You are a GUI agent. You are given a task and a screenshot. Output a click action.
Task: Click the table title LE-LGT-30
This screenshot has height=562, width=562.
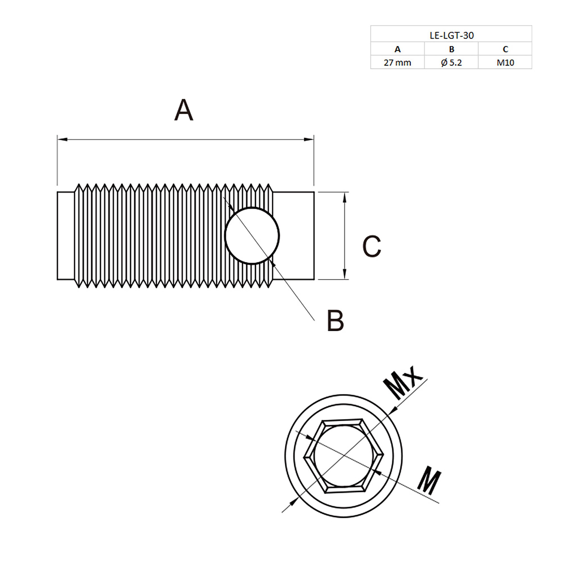pos(451,36)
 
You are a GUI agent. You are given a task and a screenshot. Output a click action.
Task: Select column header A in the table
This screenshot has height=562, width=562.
pos(397,49)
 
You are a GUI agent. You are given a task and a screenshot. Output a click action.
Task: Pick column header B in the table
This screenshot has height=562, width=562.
pos(451,49)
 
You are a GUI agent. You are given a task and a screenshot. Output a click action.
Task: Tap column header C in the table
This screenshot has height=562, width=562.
pos(505,49)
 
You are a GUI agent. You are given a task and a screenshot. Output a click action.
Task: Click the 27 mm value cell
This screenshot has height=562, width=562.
pos(397,62)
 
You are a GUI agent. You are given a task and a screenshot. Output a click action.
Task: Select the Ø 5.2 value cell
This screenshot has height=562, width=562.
pos(451,62)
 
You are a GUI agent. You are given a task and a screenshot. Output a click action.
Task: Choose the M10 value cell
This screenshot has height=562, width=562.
pos(505,62)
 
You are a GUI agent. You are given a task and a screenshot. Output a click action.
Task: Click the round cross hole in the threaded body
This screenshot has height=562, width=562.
pos(252,236)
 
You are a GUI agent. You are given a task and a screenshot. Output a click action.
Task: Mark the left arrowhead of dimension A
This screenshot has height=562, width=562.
pos(62,140)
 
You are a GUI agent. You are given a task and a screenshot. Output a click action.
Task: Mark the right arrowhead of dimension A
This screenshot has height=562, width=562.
pos(309,140)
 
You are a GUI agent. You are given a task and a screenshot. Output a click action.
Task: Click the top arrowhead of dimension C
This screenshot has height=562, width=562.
pos(345,197)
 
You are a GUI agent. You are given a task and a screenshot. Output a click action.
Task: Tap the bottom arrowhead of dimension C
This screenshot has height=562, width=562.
pos(345,274)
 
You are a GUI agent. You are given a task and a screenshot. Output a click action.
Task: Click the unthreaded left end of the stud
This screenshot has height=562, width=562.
pos(66,236)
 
